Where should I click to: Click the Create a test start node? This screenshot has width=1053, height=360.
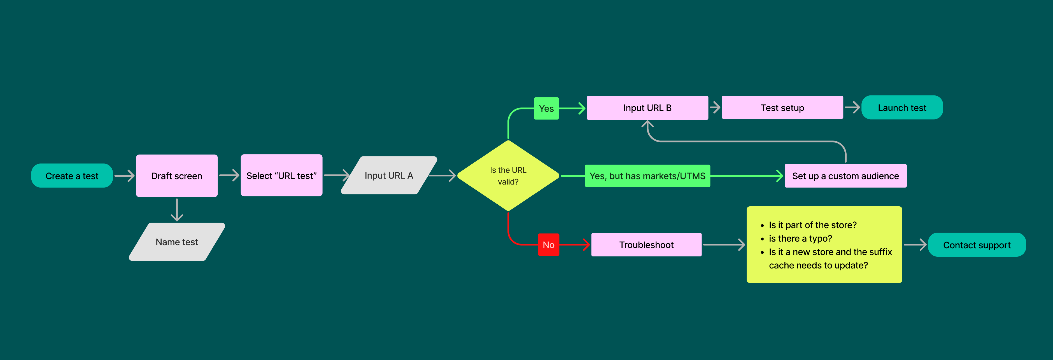coord(72,176)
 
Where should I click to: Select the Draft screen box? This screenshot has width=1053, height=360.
coord(177,176)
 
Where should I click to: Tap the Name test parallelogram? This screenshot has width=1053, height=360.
coord(177,242)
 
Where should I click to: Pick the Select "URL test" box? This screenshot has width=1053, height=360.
coord(281,176)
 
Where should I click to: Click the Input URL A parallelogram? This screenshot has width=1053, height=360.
coord(389,175)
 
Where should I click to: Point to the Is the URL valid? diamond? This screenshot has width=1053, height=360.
coord(508,176)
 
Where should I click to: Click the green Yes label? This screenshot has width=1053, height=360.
coord(546,108)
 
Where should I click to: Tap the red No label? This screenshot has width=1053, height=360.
coord(548,245)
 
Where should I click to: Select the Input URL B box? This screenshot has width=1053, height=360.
coord(647,108)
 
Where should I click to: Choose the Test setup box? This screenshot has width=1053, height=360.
coord(782,108)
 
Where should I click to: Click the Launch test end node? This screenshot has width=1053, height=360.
coord(902,108)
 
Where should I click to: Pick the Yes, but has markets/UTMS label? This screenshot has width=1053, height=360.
coord(647,176)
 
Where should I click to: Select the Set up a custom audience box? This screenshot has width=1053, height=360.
coord(845,176)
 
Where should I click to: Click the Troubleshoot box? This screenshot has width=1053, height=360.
coord(646,245)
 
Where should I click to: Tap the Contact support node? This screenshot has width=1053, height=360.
coord(977,245)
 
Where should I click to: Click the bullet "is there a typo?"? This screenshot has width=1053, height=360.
coord(800,238)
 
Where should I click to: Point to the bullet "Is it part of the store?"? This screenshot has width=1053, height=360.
coord(812,225)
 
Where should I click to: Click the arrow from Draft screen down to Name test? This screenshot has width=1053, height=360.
coord(177,210)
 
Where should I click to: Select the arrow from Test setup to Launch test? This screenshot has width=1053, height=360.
coord(852,107)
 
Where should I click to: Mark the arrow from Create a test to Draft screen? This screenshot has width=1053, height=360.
coord(124,176)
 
